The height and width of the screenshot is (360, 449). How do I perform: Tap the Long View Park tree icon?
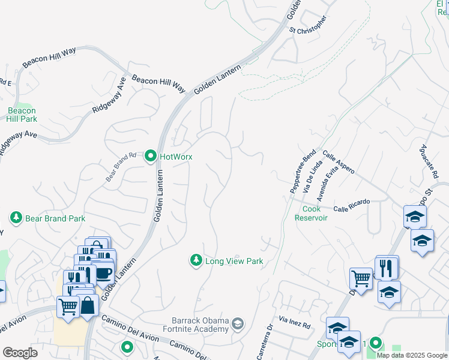[x=196, y=260]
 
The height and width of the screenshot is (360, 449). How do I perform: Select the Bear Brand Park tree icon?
[x=16, y=218]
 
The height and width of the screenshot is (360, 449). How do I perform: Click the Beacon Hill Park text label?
[x=22, y=115]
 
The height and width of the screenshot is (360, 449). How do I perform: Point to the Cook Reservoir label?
[x=311, y=213]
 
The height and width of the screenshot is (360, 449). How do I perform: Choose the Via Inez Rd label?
[x=294, y=323]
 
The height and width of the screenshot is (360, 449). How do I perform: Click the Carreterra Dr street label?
[x=265, y=343]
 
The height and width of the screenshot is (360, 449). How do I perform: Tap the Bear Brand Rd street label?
[x=122, y=167]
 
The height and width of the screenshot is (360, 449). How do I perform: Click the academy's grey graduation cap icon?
[x=238, y=324]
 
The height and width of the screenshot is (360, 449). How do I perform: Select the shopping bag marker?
[x=88, y=305]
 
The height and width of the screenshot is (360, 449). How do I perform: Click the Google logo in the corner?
[x=20, y=352]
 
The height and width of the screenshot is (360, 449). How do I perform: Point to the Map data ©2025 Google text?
[x=411, y=355]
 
